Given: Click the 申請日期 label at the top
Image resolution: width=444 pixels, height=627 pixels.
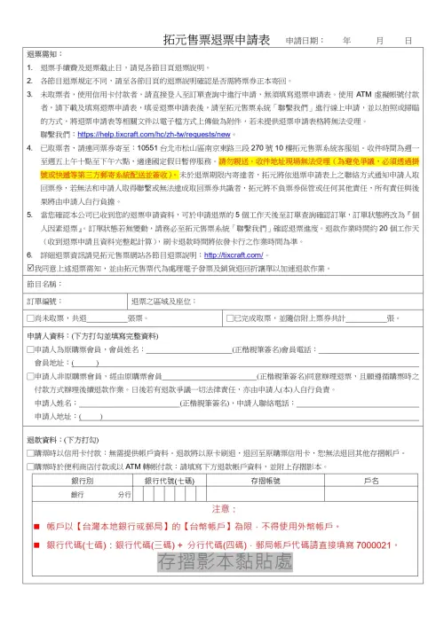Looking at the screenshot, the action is point(305,42).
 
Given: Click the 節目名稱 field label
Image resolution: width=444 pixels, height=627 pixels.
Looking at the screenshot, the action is point(45,284).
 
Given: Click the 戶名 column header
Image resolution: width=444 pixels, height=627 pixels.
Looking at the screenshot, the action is point(371,480).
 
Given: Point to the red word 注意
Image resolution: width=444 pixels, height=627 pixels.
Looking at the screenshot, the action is point(222,510).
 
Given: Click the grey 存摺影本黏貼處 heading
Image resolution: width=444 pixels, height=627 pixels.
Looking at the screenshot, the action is point(222,562).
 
